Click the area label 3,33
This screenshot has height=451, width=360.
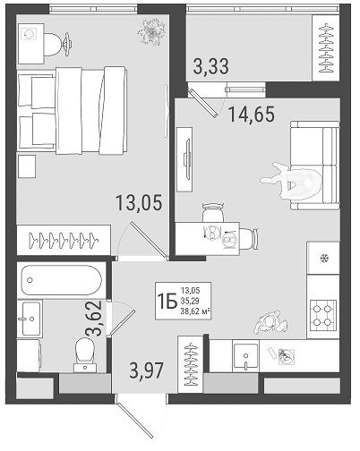coord(210,66)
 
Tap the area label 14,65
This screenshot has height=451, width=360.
coord(251,115)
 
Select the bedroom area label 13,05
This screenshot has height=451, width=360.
coord(139,202)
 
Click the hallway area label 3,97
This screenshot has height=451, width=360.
coord(147,370)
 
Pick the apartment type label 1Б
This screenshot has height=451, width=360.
coord(167,302)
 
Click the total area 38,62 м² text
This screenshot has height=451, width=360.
coord(194,312)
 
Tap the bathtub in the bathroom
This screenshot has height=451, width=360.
coord(61,280)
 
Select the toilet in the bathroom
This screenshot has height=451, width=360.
coord(85,355)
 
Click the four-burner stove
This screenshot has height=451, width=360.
coord(323,317)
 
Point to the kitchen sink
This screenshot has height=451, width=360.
coord(245,356)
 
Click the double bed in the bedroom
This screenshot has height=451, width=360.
coord(73,111)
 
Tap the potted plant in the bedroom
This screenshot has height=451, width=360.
coord(151,32)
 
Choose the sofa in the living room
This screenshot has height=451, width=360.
coord(315,165)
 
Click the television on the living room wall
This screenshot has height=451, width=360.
coord(187,159)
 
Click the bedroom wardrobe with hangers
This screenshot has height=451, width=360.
coord(64,240)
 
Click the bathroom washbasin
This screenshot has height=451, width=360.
coord(30,319)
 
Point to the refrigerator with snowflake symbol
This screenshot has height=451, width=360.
coord(323,258)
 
